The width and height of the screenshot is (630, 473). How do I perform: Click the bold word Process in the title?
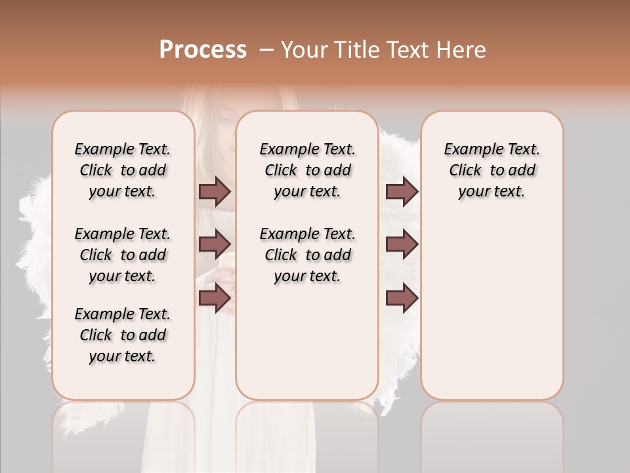pos(203,49)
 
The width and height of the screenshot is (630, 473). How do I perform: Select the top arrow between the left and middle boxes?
pos(215,191)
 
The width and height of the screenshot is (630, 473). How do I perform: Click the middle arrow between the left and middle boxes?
pos(215,245)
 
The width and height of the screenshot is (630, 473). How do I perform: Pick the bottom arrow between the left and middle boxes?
pos(215,298)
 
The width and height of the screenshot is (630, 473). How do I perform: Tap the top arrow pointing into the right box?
pos(402,191)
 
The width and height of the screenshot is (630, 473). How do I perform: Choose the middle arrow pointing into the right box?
pos(402,245)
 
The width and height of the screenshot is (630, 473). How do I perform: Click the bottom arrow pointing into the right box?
pos(402,298)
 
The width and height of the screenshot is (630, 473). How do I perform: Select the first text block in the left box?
pos(123,170)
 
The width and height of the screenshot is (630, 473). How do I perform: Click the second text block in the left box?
pos(123,255)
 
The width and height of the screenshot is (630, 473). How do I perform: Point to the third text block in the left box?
pos(123,335)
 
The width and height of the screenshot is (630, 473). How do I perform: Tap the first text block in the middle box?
pos(307,170)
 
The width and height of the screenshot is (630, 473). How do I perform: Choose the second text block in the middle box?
pos(307,255)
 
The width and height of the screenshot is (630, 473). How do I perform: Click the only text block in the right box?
pos(492,170)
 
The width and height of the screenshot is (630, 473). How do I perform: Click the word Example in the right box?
pos(470,150)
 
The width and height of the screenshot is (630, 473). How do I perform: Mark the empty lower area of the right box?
pos(492,309)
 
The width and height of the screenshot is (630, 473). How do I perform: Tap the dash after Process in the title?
pos(266,50)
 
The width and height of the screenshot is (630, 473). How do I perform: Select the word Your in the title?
pos(303,50)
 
